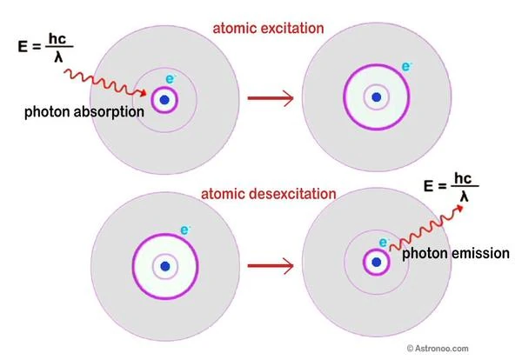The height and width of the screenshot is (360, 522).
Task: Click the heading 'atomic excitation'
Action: coord(269,29)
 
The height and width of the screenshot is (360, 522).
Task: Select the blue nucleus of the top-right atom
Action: coord(376,96)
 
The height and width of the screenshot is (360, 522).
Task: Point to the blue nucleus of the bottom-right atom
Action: coord(376,261)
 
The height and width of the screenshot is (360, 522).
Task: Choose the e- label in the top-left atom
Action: coord(170,79)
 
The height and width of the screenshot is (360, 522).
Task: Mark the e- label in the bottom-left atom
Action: coord(184,230)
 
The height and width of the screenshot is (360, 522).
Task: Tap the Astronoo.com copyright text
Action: coord(478,349)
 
